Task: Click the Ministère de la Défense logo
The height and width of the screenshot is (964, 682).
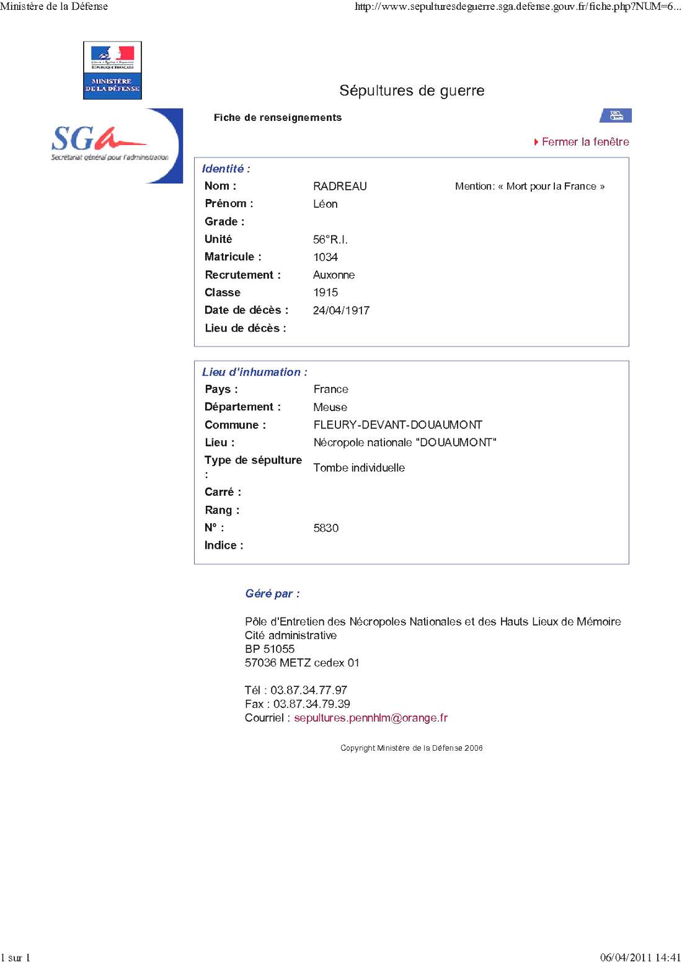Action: [x=112, y=70]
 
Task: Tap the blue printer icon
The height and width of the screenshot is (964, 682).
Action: [x=616, y=115]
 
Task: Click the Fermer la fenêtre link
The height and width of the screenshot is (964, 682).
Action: [x=585, y=142]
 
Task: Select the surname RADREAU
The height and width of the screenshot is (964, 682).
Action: [x=340, y=186]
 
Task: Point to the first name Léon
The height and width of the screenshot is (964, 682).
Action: [x=325, y=204]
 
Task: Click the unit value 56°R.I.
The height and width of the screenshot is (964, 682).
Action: [x=330, y=239]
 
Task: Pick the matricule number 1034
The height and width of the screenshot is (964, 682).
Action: [x=325, y=257]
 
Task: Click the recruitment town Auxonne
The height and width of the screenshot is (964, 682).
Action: [x=334, y=275]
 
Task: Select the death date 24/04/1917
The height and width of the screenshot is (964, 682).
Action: [x=341, y=311]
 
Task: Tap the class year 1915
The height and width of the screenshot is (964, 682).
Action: [x=325, y=293]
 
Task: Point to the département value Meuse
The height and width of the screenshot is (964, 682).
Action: [x=330, y=407]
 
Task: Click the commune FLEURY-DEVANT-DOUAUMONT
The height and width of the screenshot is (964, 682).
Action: [x=397, y=425]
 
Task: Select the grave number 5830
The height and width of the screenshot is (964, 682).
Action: [x=326, y=528]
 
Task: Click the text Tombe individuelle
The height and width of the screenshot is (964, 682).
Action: [x=359, y=468]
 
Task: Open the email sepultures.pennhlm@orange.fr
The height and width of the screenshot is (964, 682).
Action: [x=370, y=718]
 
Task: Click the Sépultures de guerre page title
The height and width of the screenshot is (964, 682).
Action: [x=412, y=91]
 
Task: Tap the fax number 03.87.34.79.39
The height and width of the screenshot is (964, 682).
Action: [x=311, y=704]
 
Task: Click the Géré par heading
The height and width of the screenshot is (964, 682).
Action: [x=272, y=594]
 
